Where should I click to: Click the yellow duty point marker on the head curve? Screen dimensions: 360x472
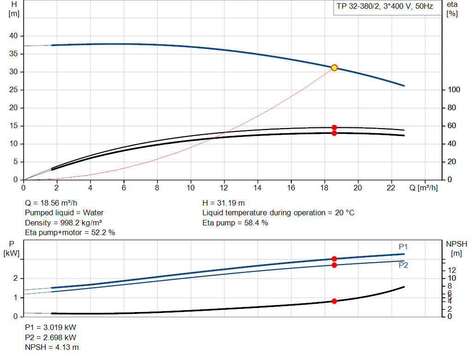(x=334, y=68)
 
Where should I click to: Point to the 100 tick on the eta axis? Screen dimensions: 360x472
(x=454, y=90)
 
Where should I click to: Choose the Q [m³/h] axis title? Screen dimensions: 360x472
(x=424, y=188)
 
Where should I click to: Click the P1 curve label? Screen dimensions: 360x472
(x=403, y=247)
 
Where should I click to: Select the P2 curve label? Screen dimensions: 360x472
(x=403, y=266)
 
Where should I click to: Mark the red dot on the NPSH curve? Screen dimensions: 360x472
(x=334, y=301)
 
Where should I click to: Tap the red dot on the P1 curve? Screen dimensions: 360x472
(x=334, y=259)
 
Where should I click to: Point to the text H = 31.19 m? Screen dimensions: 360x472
(x=224, y=203)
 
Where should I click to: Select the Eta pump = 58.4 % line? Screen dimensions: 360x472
(x=235, y=223)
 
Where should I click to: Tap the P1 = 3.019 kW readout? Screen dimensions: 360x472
(x=50, y=327)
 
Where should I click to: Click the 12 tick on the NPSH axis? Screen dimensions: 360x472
(x=452, y=270)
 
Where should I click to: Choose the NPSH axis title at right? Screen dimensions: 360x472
(x=457, y=248)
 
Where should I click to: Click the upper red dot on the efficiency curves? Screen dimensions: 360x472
(x=334, y=128)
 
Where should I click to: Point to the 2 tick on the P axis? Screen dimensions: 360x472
(x=15, y=278)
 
